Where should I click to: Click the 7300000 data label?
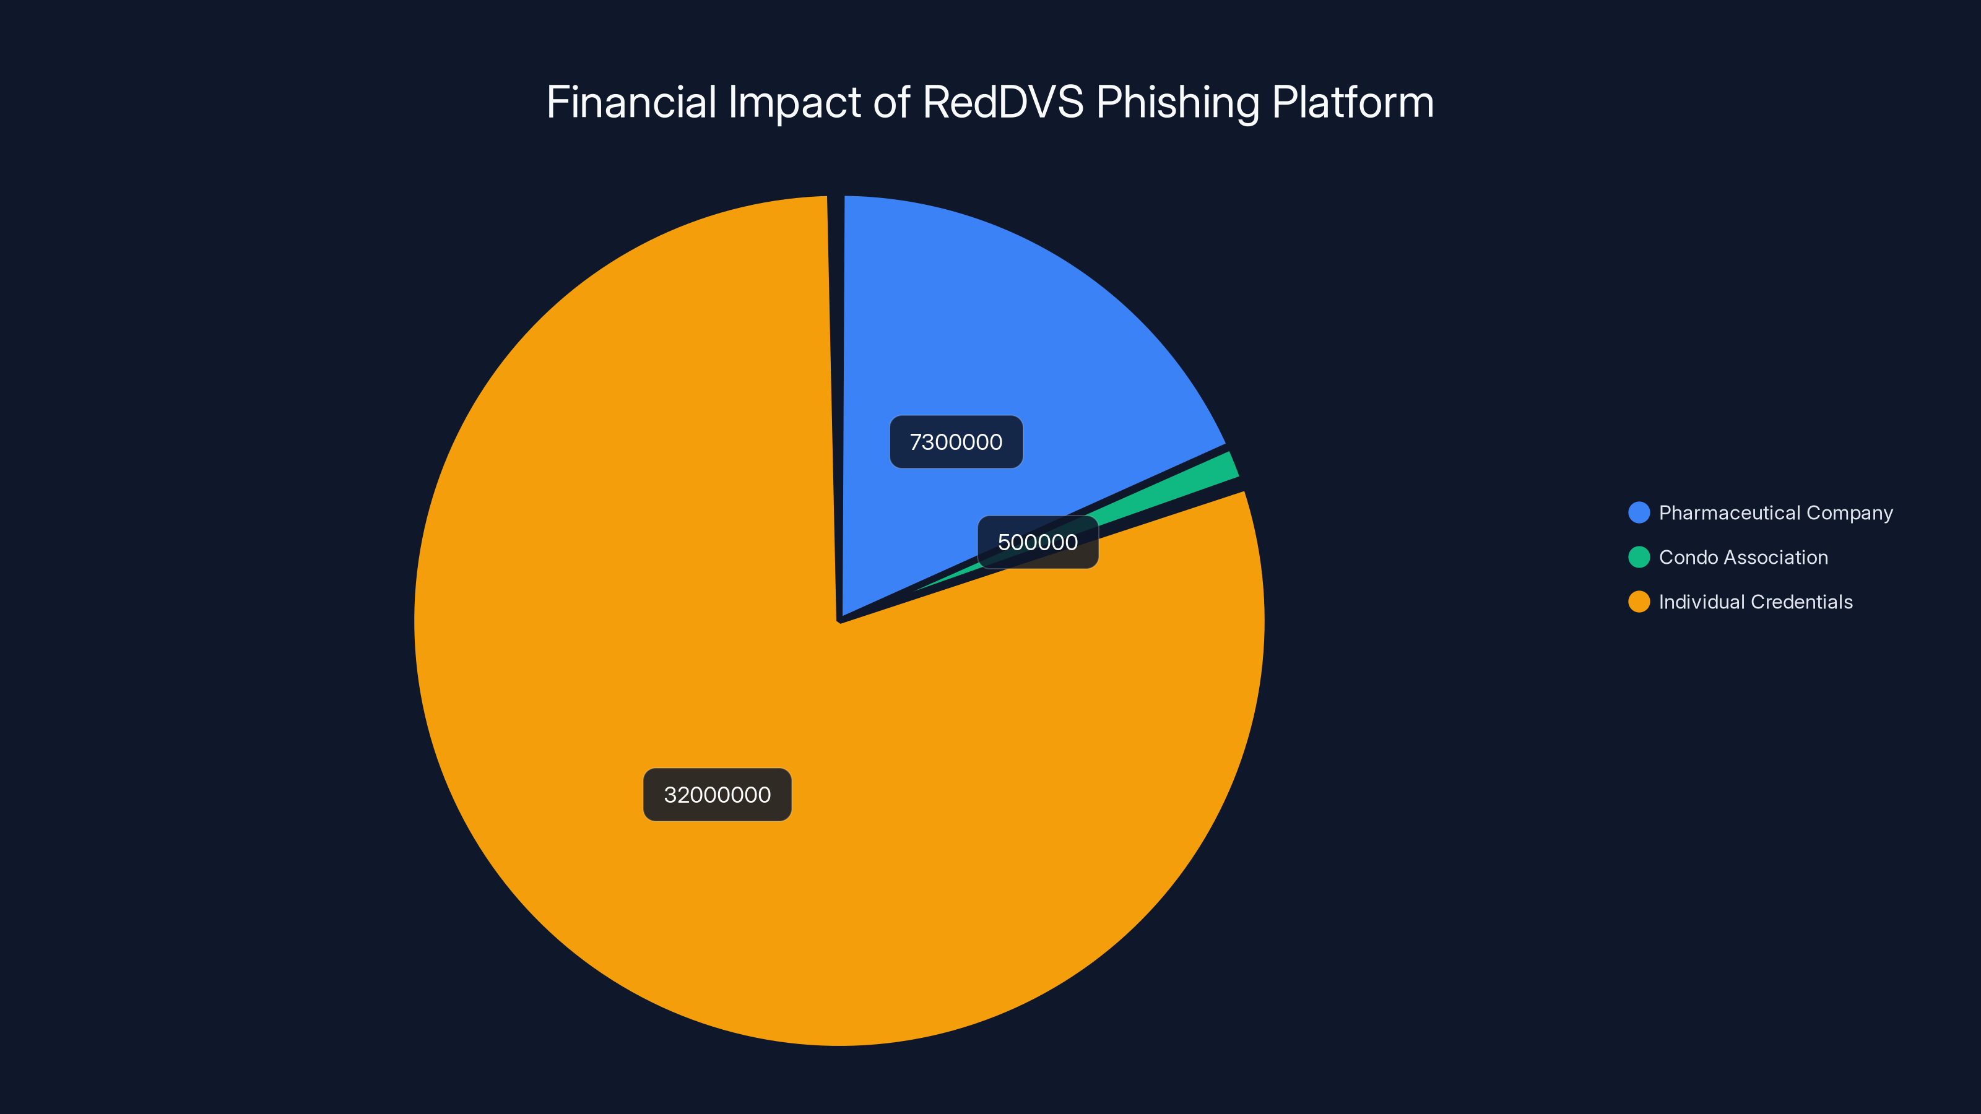point(956,442)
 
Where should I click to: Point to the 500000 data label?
point(1038,542)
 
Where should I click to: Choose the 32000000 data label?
point(717,795)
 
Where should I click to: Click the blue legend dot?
point(1639,513)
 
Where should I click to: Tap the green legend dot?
point(1639,558)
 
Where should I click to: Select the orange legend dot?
point(1639,602)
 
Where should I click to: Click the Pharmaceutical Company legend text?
point(1775,513)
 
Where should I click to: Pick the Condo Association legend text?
point(1743,558)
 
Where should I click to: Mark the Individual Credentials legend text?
point(1756,602)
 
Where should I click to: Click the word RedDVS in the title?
point(1003,102)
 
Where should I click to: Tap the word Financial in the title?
point(631,102)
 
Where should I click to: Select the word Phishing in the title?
point(1177,102)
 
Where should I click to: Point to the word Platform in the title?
point(1353,102)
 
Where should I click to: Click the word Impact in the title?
point(794,102)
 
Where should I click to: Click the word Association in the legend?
point(1777,558)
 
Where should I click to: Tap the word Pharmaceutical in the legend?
point(1730,513)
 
